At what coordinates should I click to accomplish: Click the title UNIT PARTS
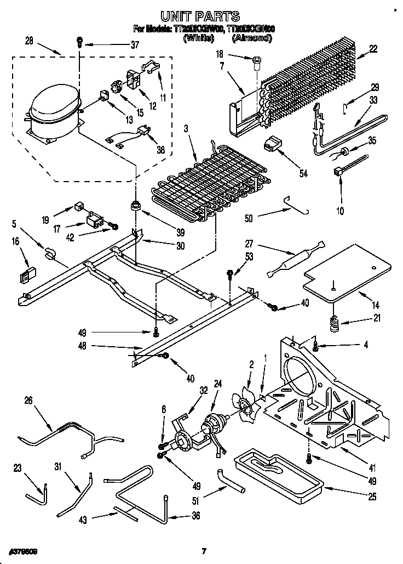(x=201, y=16)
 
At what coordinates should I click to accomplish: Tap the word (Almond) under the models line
(x=252, y=38)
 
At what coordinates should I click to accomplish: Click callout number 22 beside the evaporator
(x=373, y=49)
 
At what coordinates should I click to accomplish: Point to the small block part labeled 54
(x=271, y=144)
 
